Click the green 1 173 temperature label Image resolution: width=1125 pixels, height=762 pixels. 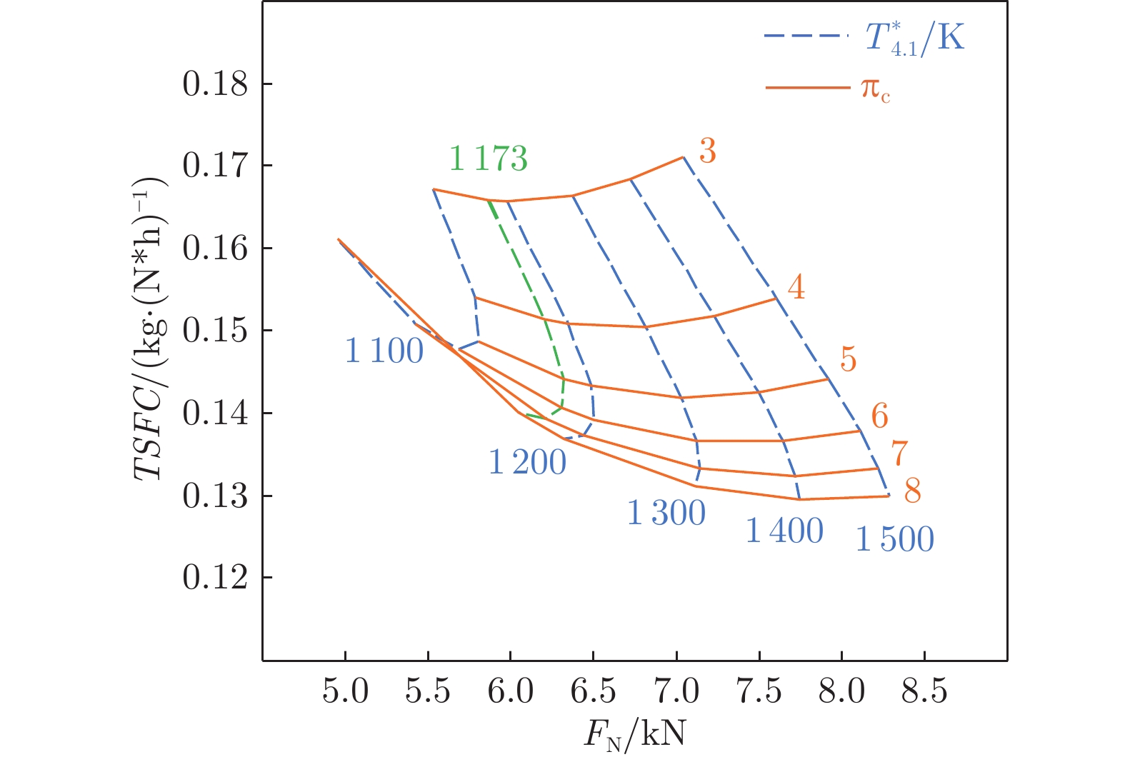coord(489,159)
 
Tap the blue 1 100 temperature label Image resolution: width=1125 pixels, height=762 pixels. coord(384,351)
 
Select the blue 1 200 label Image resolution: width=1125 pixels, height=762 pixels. coord(527,463)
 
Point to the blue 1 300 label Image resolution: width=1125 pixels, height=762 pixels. coord(666,513)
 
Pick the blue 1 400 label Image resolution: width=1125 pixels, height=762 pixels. coord(784,531)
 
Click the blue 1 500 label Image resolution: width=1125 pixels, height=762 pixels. coord(894,539)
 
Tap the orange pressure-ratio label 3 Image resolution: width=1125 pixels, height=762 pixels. coord(707,151)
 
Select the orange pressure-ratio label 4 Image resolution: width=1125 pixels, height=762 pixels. coord(796,287)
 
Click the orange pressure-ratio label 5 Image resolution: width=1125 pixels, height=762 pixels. coord(848,359)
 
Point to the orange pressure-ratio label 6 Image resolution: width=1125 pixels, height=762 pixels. coord(879,416)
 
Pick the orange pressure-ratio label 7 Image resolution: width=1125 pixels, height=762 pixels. coord(899,453)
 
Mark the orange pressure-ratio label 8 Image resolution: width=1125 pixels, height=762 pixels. coord(912,491)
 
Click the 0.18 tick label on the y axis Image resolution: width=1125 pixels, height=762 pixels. coord(215,84)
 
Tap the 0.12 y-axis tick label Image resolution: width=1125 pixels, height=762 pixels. coord(215,578)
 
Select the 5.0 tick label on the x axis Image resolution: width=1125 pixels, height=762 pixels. coord(346,691)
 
